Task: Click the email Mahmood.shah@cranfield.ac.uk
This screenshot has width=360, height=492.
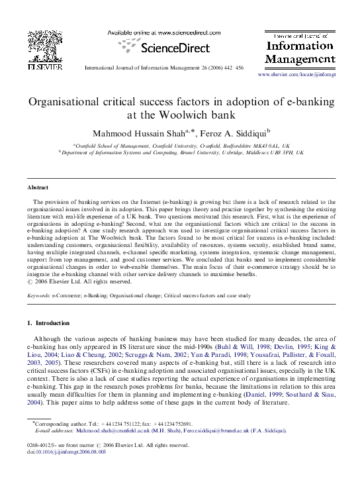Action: click(x=133, y=430)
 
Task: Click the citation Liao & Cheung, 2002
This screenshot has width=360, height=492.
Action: click(x=97, y=354)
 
